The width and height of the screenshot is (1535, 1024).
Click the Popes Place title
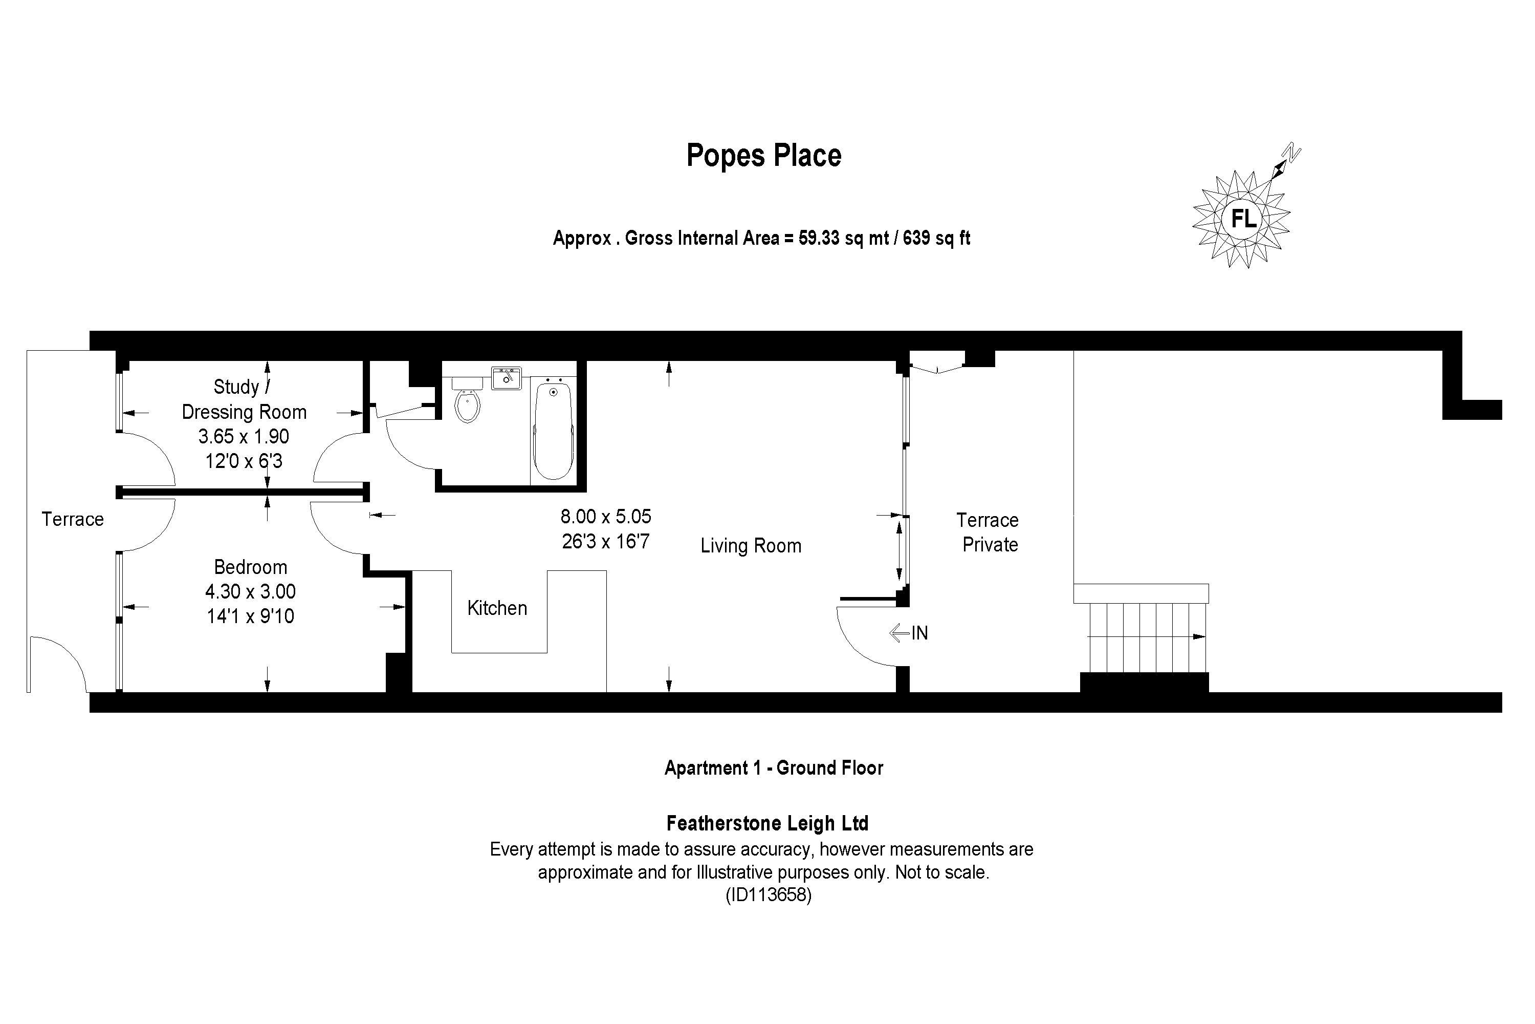pyautogui.click(x=763, y=156)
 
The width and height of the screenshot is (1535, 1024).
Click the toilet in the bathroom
pyautogui.click(x=467, y=403)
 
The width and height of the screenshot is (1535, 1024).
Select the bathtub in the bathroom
pyautogui.click(x=553, y=431)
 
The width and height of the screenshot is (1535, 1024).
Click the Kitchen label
pyautogui.click(x=497, y=608)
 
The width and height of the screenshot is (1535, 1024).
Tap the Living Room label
pyautogui.click(x=751, y=546)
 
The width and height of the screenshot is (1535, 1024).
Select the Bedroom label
pyautogui.click(x=250, y=567)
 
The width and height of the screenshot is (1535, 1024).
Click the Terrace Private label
pyautogui.click(x=988, y=532)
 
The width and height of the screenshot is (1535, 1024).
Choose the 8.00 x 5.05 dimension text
pyautogui.click(x=606, y=517)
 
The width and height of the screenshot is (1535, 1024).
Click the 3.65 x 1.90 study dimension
pyautogui.click(x=244, y=436)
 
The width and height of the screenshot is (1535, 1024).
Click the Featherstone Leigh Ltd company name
pyautogui.click(x=767, y=823)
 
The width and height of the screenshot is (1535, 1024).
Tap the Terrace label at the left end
pyautogui.click(x=73, y=519)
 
